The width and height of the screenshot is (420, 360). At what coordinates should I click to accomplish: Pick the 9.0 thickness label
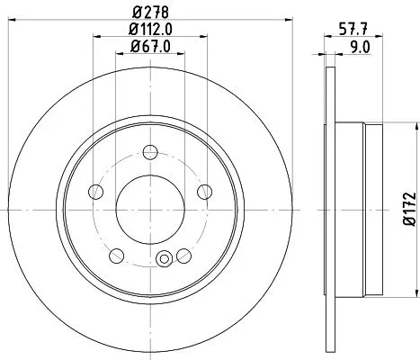pyautogui.click(x=359, y=47)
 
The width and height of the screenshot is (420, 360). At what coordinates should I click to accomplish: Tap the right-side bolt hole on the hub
pyautogui.click(x=202, y=190)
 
